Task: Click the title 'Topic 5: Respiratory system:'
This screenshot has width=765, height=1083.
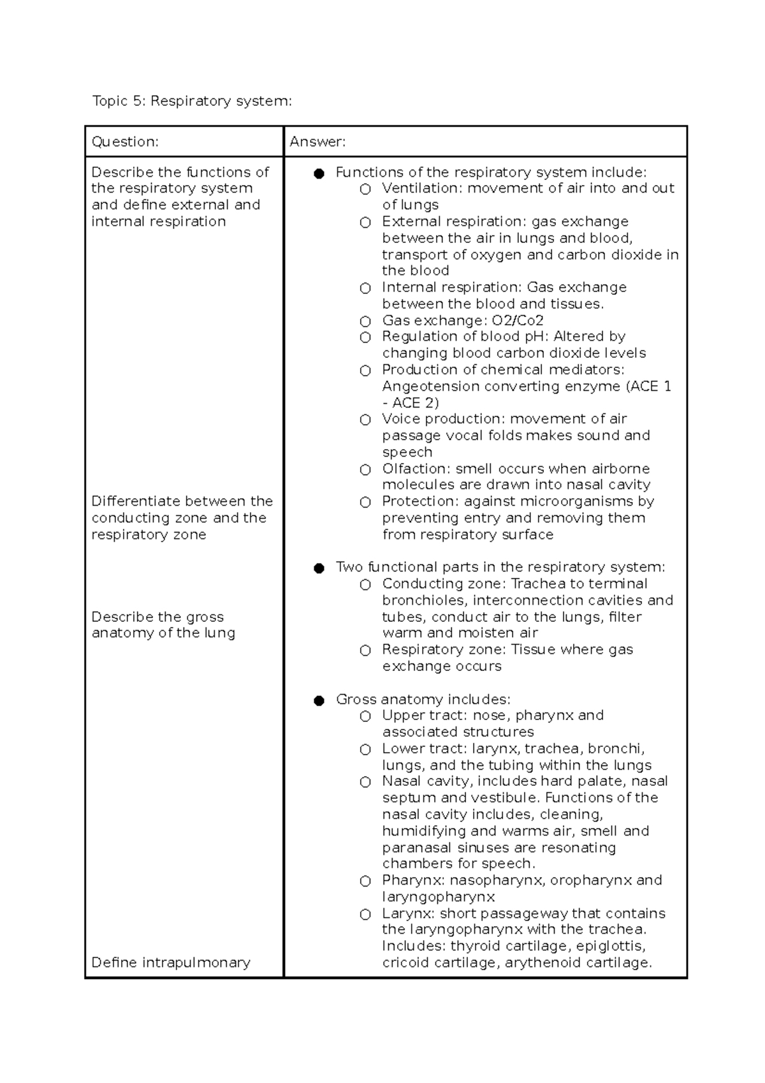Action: pyautogui.click(x=192, y=101)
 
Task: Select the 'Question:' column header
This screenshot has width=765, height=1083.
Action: pyautogui.click(x=125, y=142)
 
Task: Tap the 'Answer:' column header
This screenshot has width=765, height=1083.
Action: pyautogui.click(x=317, y=142)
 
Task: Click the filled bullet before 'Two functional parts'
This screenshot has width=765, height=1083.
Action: pyautogui.click(x=319, y=568)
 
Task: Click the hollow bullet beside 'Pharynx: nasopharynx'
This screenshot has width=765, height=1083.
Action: pyautogui.click(x=365, y=881)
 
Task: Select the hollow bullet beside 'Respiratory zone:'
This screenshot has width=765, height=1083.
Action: pyautogui.click(x=365, y=651)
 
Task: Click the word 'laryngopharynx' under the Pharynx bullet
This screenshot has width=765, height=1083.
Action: pyautogui.click(x=439, y=897)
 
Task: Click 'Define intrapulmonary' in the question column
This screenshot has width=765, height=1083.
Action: pyautogui.click(x=171, y=962)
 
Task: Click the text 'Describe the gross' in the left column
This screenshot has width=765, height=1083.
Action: pyautogui.click(x=157, y=617)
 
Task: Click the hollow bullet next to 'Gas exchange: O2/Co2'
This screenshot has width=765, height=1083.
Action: pyautogui.click(x=365, y=321)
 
